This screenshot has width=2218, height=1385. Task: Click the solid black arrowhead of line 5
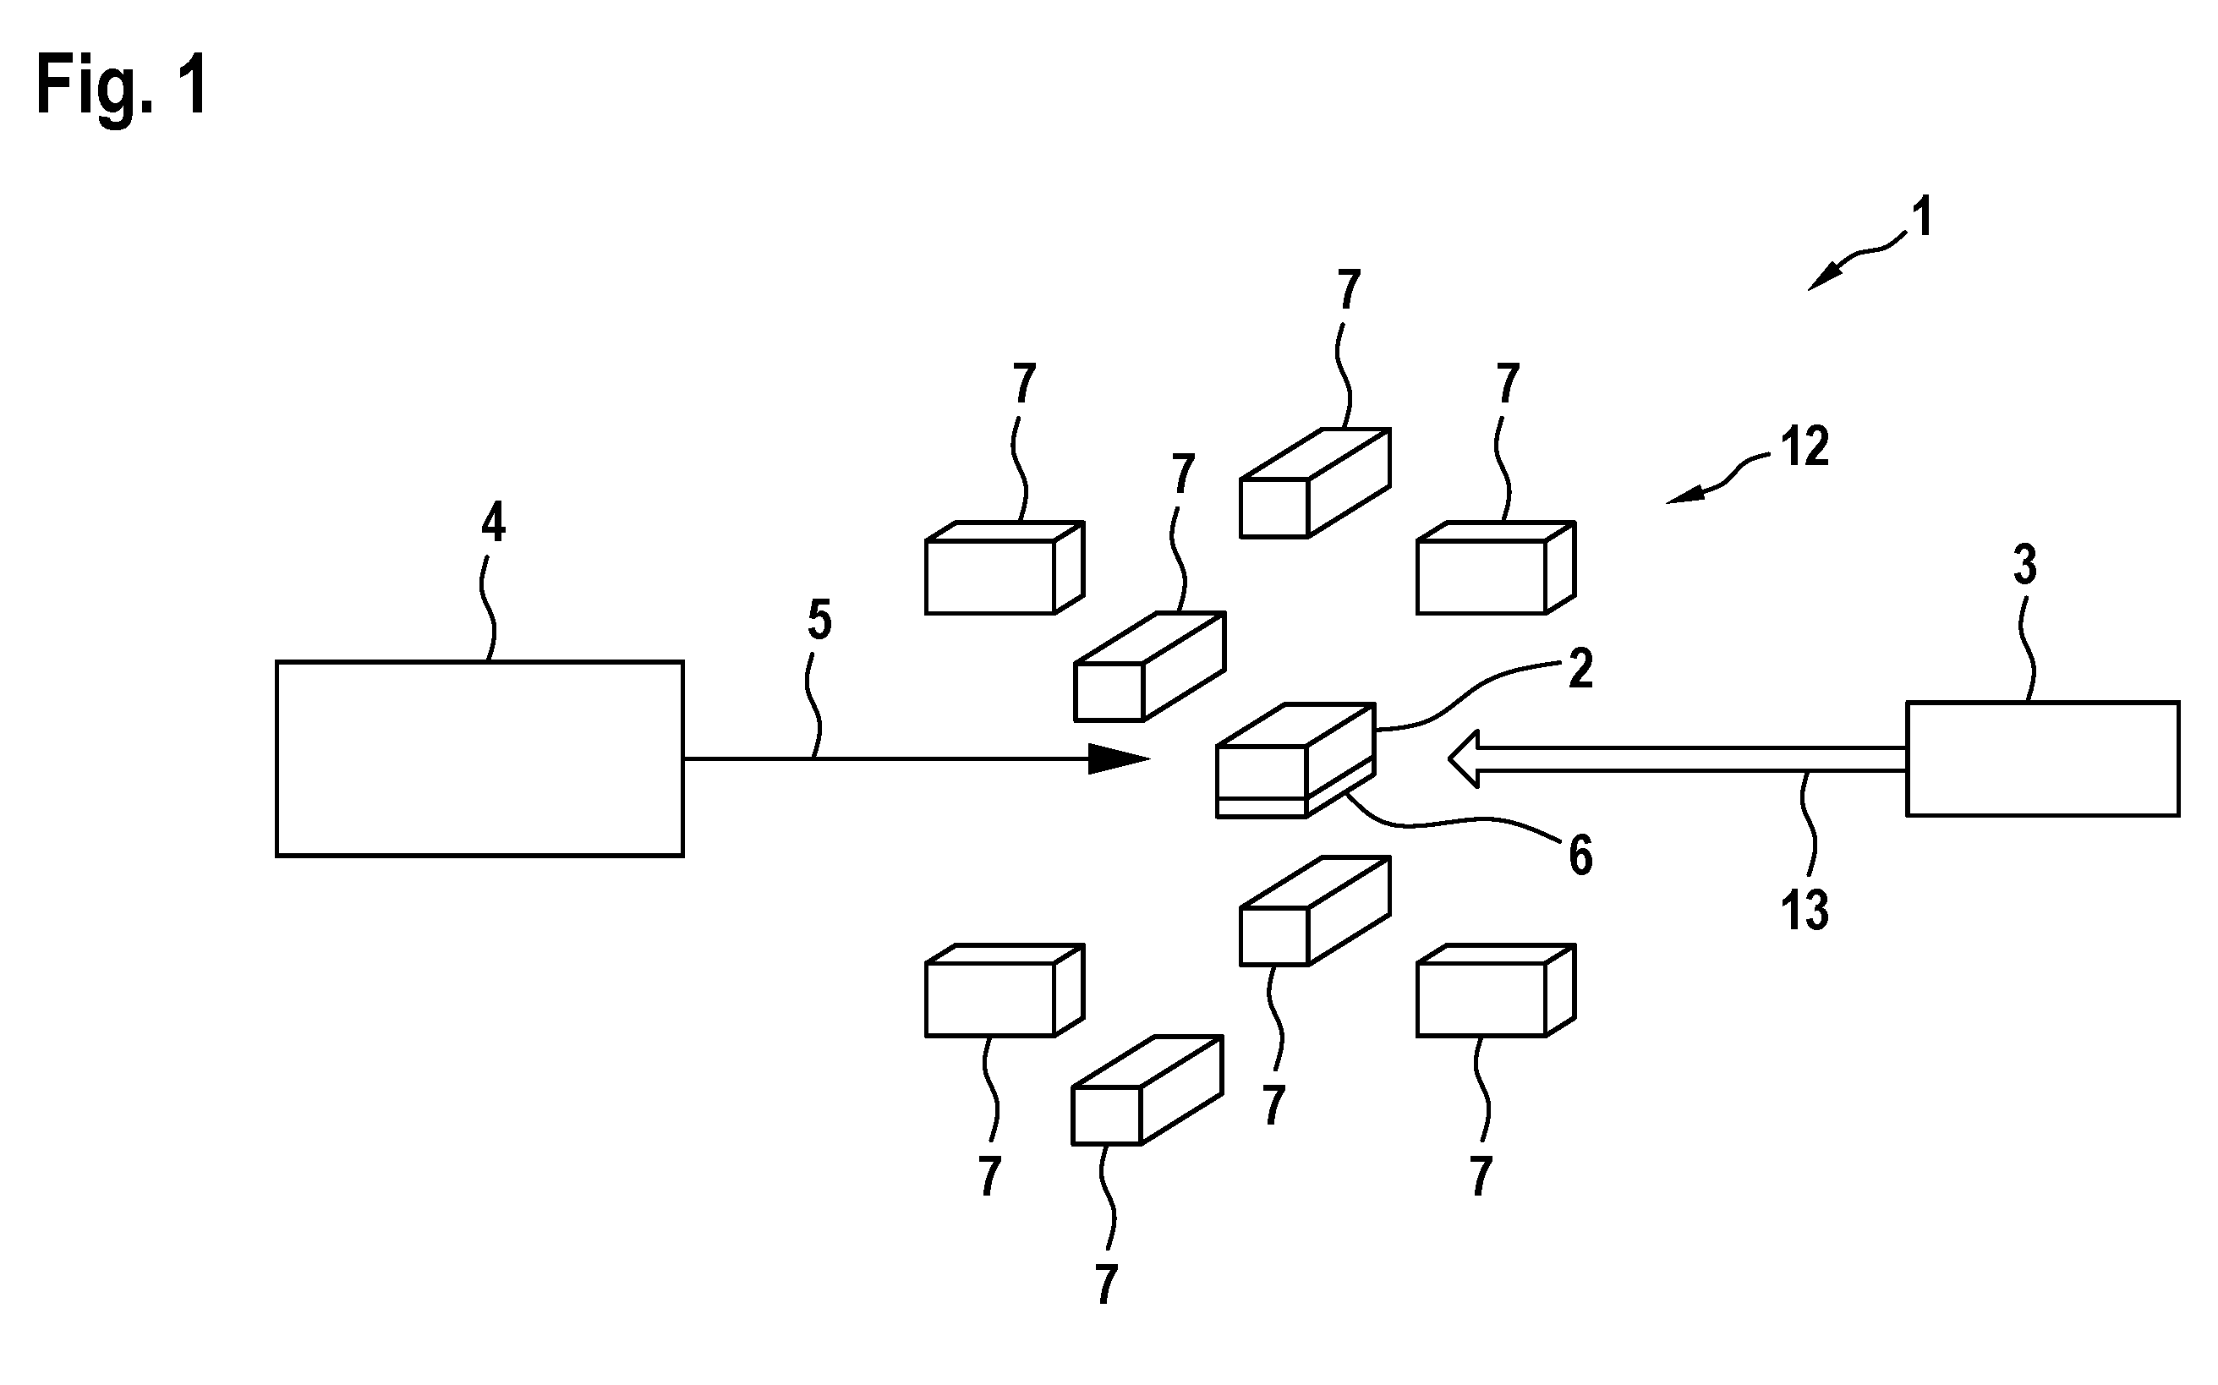(x=1118, y=758)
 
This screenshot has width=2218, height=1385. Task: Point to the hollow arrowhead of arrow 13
(x=1465, y=758)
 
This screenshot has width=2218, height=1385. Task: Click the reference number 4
(x=494, y=523)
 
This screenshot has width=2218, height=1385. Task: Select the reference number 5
(x=819, y=620)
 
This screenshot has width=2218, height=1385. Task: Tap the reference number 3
(x=2024, y=565)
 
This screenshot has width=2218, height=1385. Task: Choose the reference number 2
(x=1580, y=669)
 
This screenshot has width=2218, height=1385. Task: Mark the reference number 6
(x=1580, y=857)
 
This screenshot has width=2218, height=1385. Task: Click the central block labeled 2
(x=1295, y=760)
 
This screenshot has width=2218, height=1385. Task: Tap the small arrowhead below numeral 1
(x=1822, y=276)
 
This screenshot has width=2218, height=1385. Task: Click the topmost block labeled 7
(x=1315, y=482)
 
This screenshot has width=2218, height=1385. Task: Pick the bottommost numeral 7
(x=1106, y=1284)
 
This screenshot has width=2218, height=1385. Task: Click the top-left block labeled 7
(x=1005, y=568)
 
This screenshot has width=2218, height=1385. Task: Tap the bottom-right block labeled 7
(x=1496, y=990)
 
